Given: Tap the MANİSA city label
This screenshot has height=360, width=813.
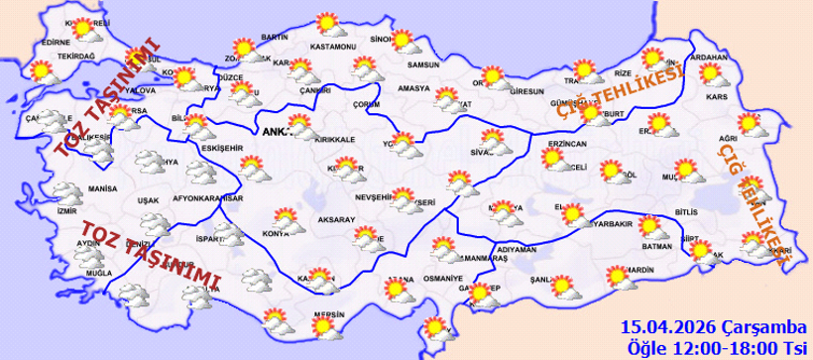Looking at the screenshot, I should tap(102, 187).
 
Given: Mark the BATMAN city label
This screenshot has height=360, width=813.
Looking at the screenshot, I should tap(658, 245).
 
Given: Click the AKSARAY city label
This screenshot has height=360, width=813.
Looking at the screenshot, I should tap(337, 218).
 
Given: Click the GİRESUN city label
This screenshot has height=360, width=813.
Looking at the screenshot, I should tap(527, 91).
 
